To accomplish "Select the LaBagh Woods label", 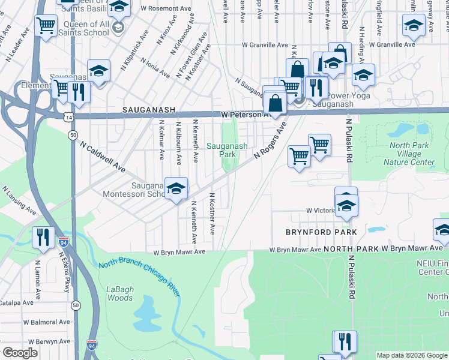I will point(119,293).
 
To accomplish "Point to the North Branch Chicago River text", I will point(139,274).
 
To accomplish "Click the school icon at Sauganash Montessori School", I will point(175,188).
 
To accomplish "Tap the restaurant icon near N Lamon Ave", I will point(43,237).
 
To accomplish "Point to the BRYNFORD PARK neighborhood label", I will point(321,232).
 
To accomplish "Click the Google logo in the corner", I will point(19,353).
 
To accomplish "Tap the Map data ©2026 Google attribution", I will point(412,355).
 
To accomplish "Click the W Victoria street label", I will point(320,211).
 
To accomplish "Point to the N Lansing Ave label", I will point(19,200).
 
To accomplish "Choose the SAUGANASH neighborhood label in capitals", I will point(148,110).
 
